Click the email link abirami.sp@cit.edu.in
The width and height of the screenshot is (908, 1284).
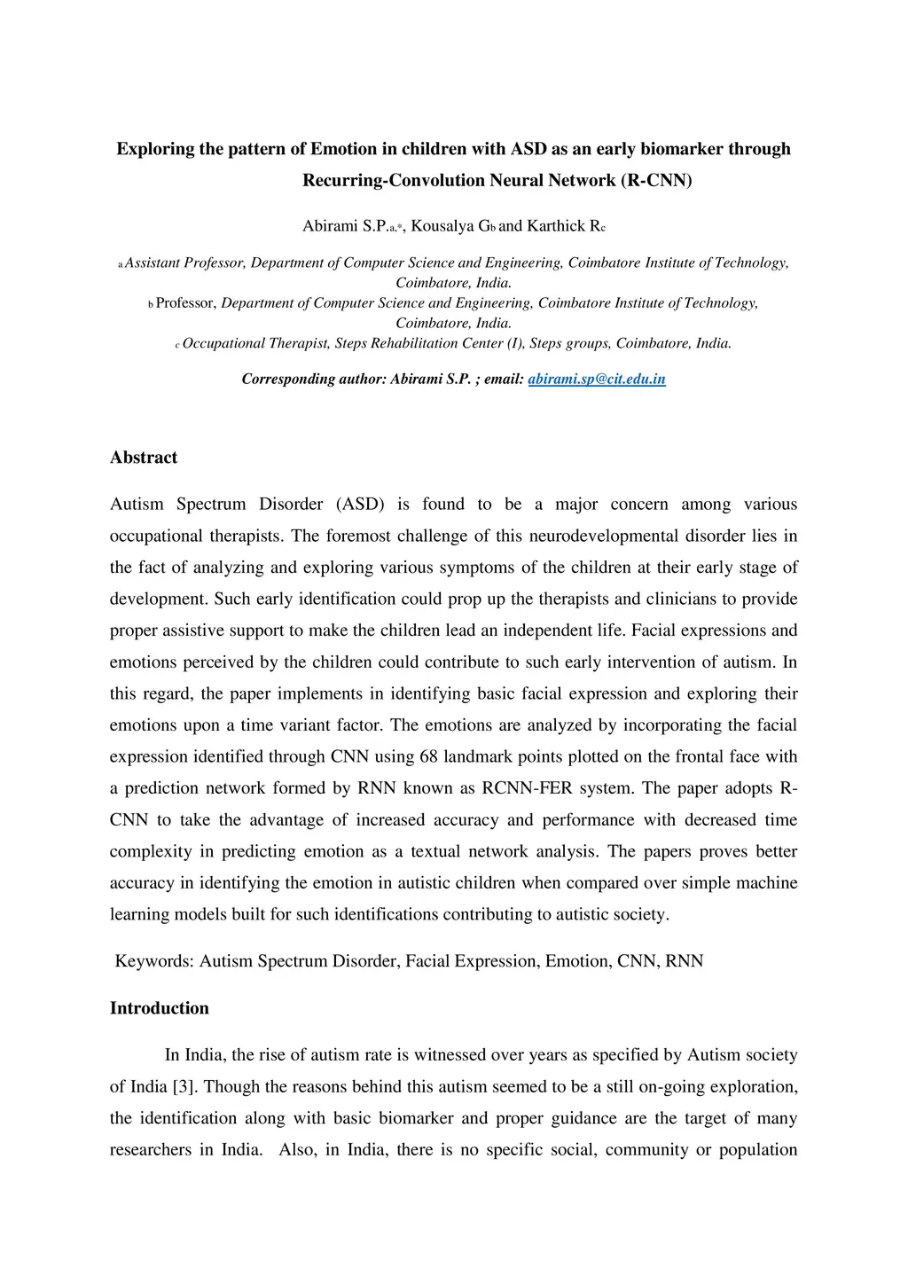coord(597,380)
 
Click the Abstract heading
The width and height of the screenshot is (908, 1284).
coord(144,458)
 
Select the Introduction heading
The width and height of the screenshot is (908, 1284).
coord(160,1008)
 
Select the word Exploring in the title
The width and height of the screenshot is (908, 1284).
coord(155,149)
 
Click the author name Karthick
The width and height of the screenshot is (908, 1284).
coord(556,226)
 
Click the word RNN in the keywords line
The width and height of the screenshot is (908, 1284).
coord(685,961)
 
